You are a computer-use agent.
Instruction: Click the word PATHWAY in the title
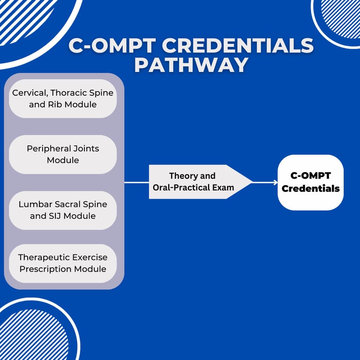[x=191, y=65]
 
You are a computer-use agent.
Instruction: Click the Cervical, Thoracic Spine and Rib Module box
[x=63, y=99]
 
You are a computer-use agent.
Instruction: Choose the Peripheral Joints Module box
[x=63, y=154]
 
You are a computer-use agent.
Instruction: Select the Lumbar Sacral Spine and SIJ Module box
[x=63, y=210]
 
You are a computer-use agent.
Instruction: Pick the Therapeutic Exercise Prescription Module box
[x=63, y=263]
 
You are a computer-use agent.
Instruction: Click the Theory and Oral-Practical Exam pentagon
[x=197, y=182]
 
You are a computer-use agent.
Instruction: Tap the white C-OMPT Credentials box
[x=310, y=182]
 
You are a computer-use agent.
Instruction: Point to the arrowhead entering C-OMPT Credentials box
[x=275, y=182]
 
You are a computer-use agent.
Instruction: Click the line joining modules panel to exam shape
[x=136, y=182]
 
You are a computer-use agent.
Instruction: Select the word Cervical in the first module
[x=30, y=93]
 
